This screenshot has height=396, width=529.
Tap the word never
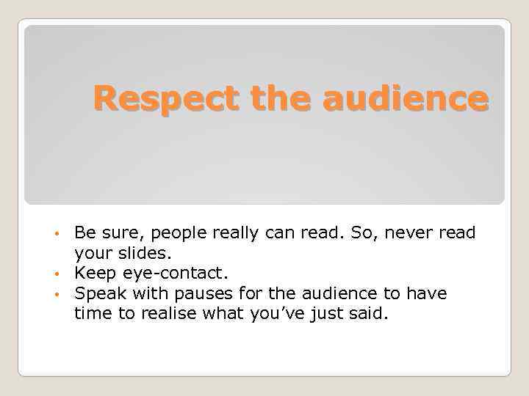click(411, 234)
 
